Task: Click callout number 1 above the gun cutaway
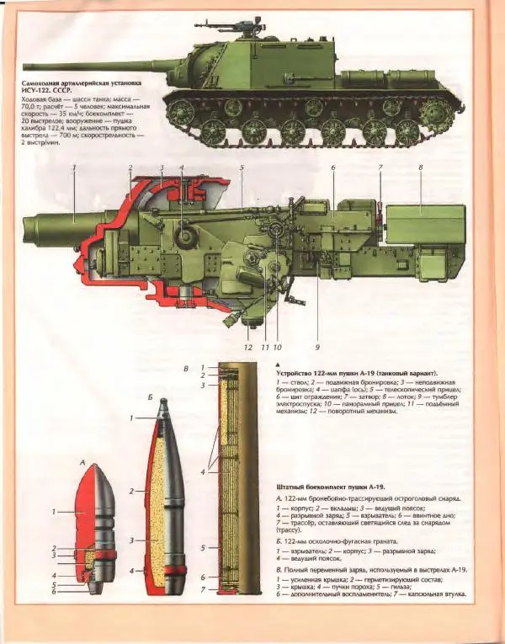point(74,168)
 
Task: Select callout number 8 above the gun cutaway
point(420,168)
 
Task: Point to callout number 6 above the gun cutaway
point(332,168)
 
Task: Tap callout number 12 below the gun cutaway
point(247,345)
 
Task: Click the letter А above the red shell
point(82,462)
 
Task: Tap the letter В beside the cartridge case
point(187,369)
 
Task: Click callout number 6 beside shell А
point(56,591)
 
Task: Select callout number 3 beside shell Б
point(131,540)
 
